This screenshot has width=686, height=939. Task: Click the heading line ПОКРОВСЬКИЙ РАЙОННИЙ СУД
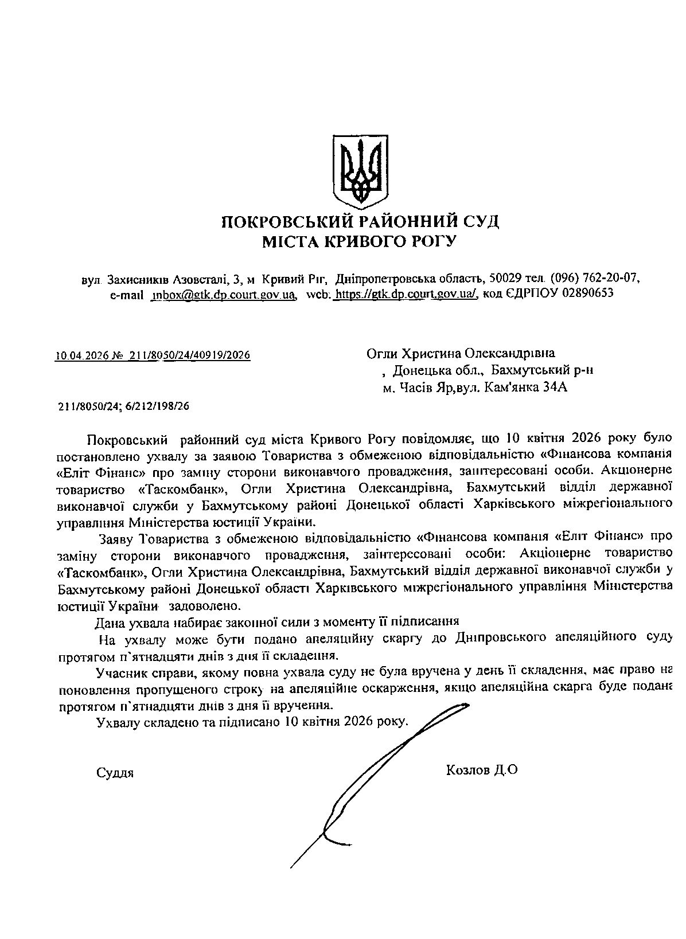[x=360, y=221]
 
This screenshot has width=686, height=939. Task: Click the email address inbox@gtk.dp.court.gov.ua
[x=223, y=295]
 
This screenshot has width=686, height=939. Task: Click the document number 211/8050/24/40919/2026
[x=190, y=356]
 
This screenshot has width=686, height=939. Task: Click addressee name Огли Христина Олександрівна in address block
[x=461, y=353]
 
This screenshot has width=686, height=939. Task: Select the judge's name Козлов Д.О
[x=481, y=769]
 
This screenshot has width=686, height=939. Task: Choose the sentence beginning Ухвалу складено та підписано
[x=252, y=721]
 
